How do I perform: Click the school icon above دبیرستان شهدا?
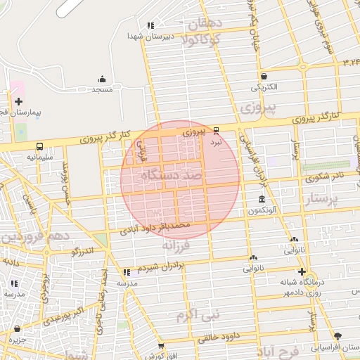click(x=150, y=25)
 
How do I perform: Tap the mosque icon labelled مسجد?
click(x=103, y=79)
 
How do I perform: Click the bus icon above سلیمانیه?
click(x=39, y=147)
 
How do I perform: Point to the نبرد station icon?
click(x=216, y=130)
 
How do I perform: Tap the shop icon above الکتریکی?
click(x=264, y=77)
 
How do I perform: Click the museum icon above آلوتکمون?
click(x=262, y=200)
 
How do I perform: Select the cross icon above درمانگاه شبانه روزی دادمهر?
click(x=302, y=271)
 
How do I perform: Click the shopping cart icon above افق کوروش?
click(x=161, y=346)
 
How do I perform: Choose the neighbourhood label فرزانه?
click(x=176, y=246)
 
